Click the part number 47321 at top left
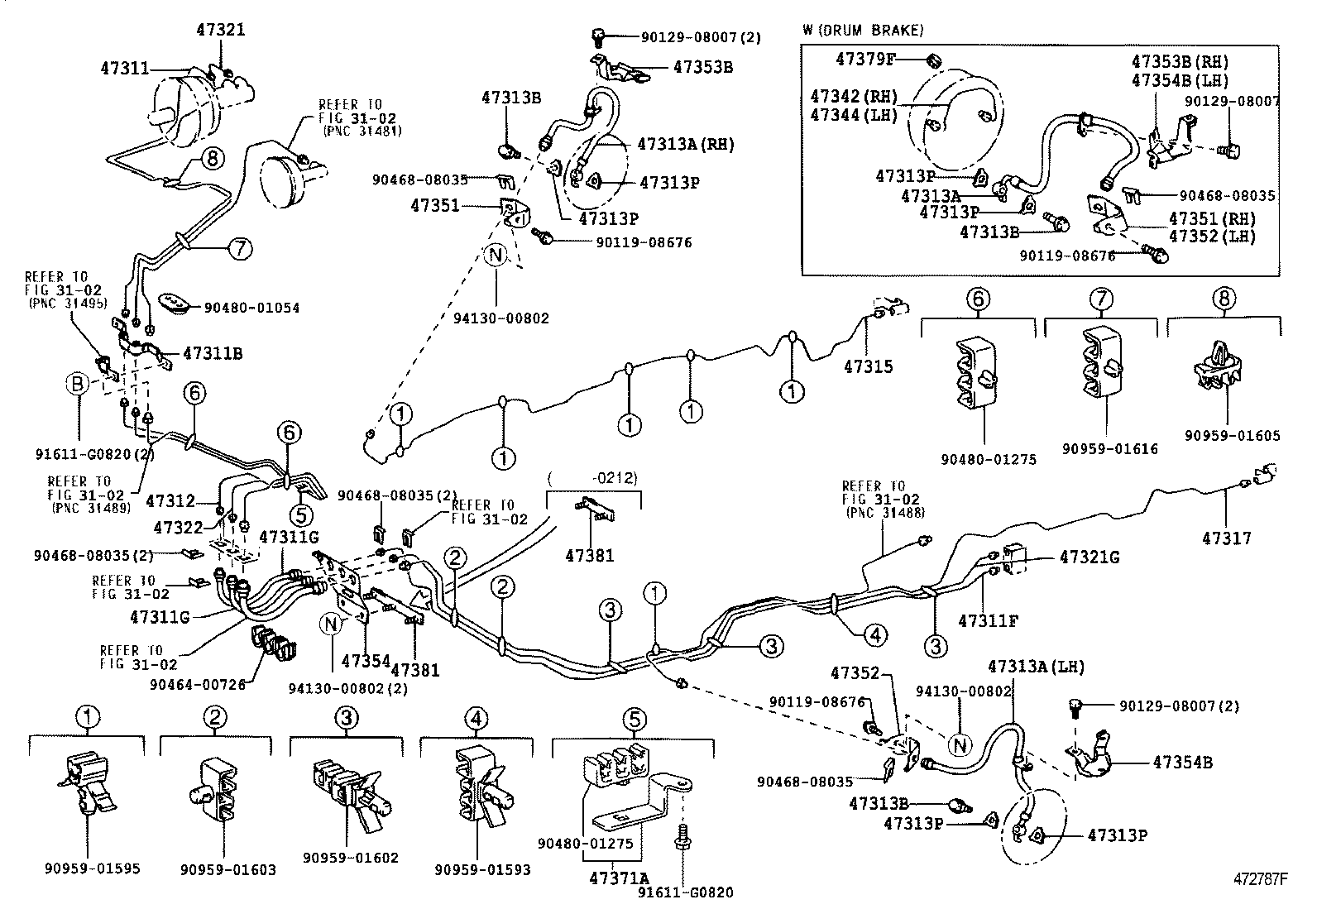point(221,30)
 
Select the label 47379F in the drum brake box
point(866,59)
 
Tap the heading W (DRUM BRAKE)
point(863,31)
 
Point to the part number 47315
point(869,366)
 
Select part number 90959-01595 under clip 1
point(92,868)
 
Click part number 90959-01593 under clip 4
point(482,869)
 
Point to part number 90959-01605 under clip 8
point(1231,435)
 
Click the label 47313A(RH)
point(686,144)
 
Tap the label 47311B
point(212,353)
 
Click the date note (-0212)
point(592,477)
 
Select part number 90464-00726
point(198,683)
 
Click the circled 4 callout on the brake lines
point(875,634)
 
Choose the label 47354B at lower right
point(1182,762)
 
